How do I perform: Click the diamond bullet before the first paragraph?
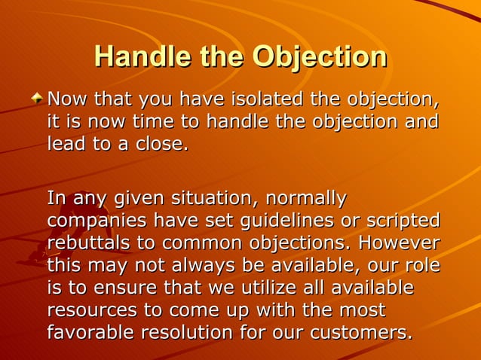pos(38,99)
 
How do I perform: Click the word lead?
pos(65,144)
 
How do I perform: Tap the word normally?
pos(305,199)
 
